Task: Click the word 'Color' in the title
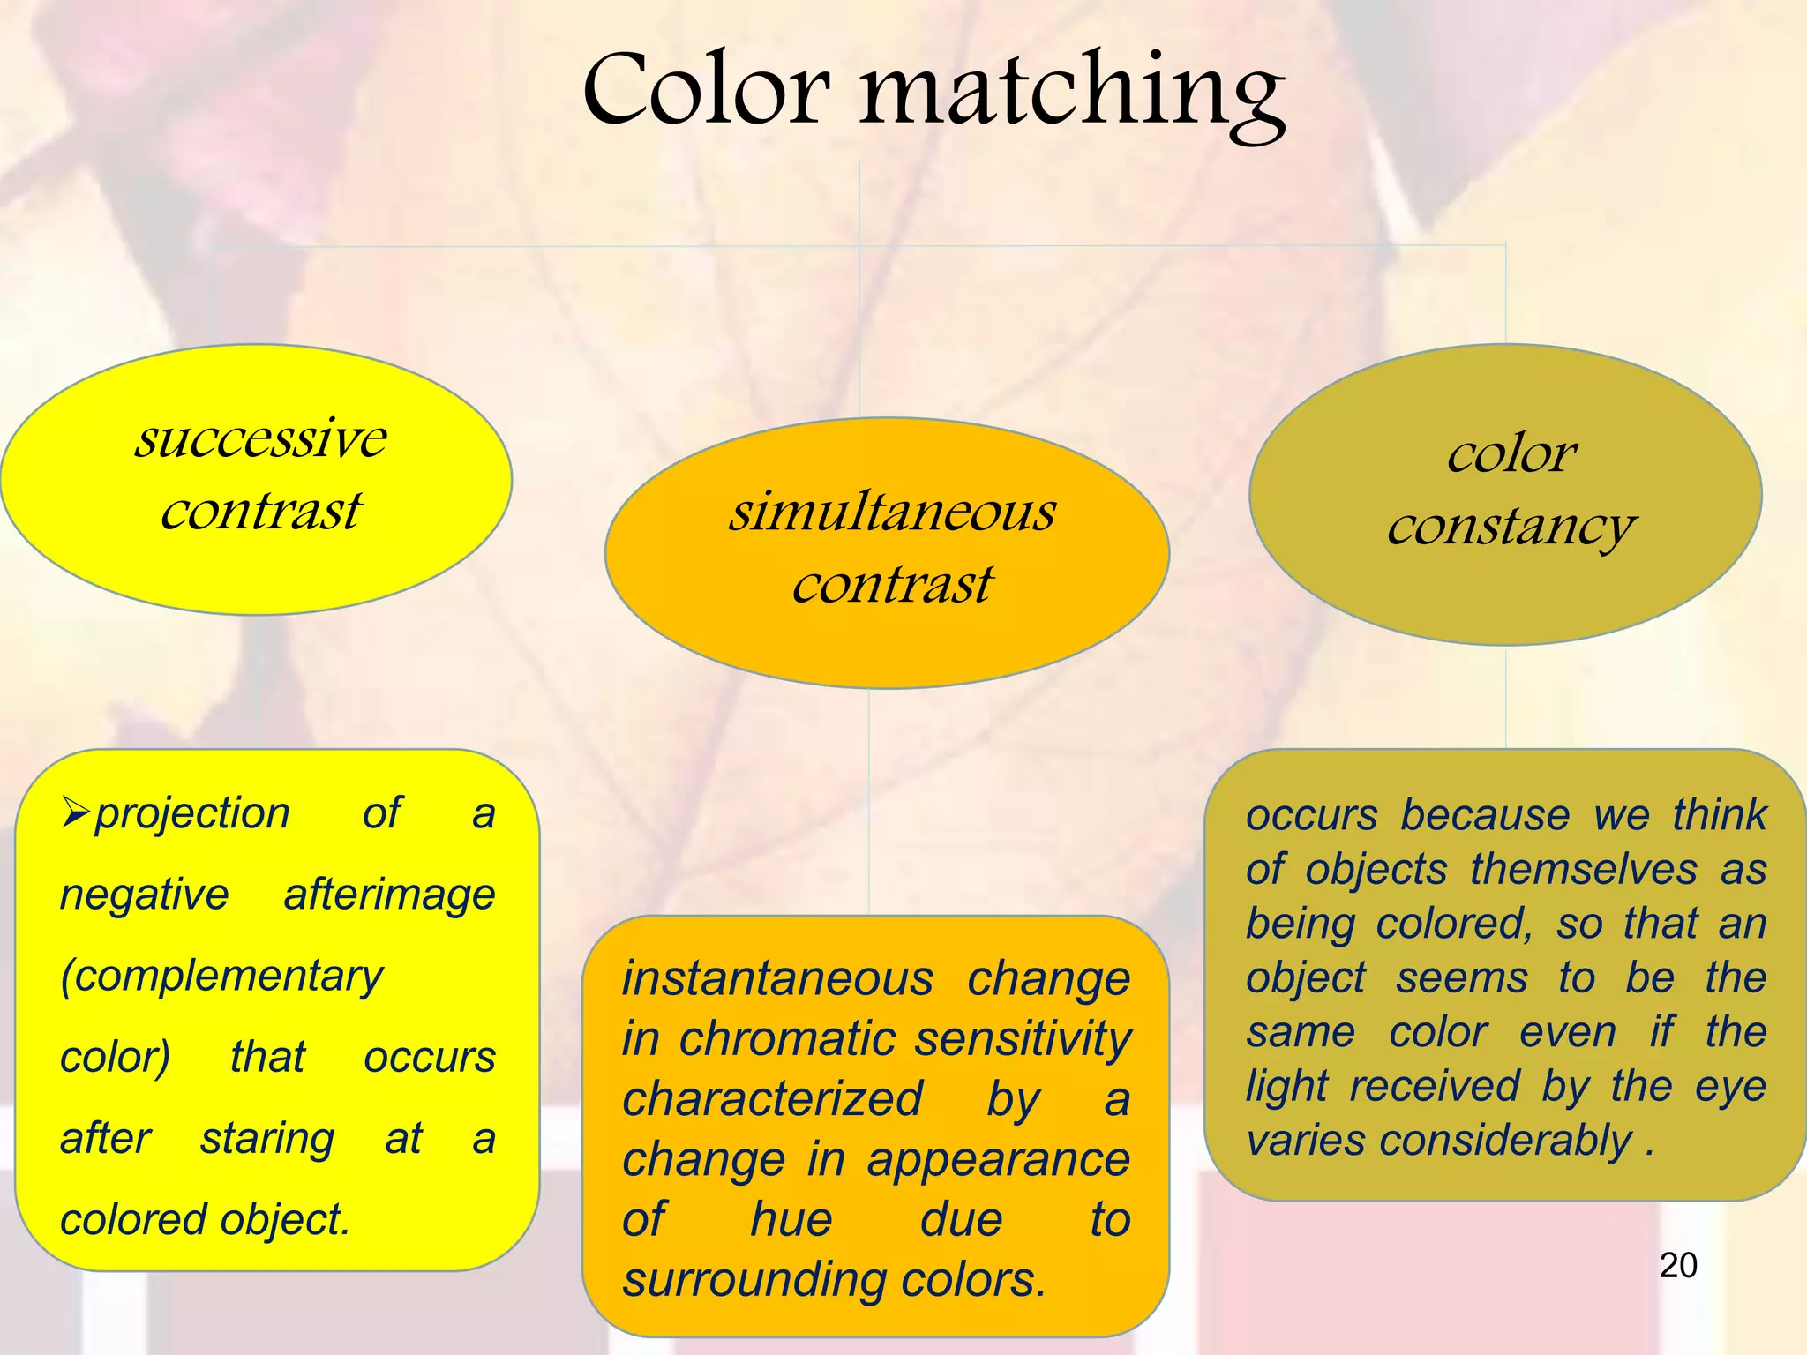[706, 90]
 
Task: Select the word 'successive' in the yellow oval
[260, 438]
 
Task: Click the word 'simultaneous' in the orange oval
[892, 512]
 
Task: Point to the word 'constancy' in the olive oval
[1511, 528]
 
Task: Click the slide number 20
[1677, 1266]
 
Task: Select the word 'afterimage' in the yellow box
[389, 895]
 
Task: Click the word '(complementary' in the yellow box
[221, 977]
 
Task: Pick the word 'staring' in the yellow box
[267, 1139]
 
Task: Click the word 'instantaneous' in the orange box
[777, 979]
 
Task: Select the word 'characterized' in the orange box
[772, 1099]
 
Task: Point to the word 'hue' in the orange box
[791, 1220]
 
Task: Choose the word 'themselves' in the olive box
[1584, 870]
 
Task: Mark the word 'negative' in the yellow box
[145, 895]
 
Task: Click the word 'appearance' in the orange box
[998, 1160]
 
